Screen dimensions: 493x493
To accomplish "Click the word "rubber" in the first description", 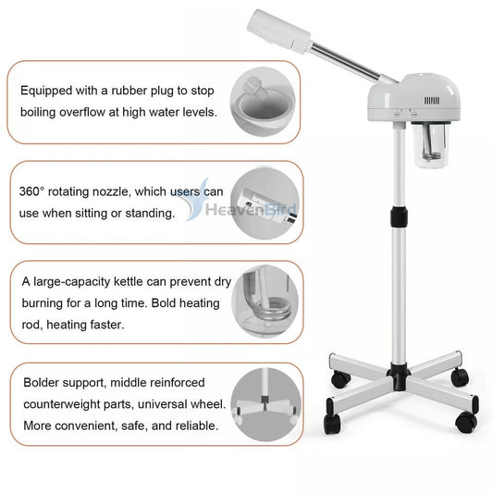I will click(x=142, y=91).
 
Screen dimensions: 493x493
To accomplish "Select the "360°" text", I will click(x=36, y=192).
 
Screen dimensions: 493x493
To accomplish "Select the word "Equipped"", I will click(x=48, y=91).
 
